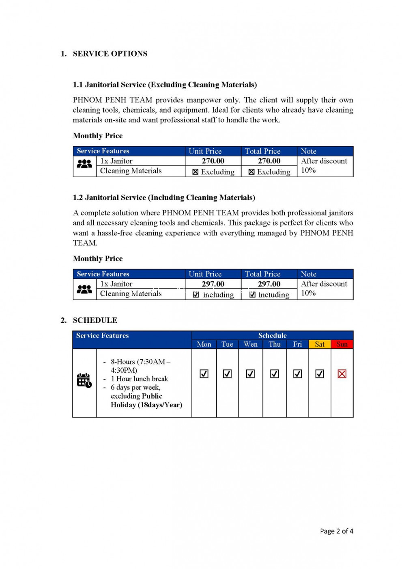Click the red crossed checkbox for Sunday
pos(342,374)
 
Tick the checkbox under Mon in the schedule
pos(204,374)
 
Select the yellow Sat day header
pos(320,344)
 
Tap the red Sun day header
pos(342,344)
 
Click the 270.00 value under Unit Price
pos(213,161)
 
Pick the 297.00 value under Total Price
pos(269,284)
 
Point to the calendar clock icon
pos(84,380)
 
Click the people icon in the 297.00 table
pos(84,289)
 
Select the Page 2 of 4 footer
pos(336,531)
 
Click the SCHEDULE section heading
pos(95,320)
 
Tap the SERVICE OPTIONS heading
pos(110,54)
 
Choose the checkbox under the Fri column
pos(297,374)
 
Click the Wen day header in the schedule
pos(250,344)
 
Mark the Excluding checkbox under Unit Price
pos(196,172)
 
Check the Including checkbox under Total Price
pos(252,295)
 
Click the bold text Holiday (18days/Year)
pos(146,405)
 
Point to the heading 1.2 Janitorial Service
pos(164,198)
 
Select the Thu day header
pos(275,344)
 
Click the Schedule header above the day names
pos(272,335)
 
